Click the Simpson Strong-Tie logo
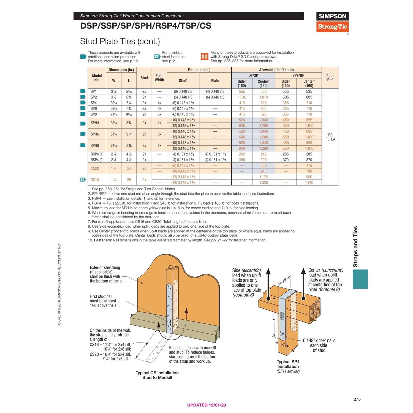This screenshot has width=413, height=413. pyautogui.click(x=332, y=22)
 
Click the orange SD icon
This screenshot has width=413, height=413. pyautogui.click(x=204, y=57)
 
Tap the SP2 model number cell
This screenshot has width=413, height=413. pyautogui.click(x=94, y=97)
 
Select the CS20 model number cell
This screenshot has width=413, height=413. pyautogui.click(x=95, y=168)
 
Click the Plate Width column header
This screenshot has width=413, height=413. pyautogui.click(x=159, y=78)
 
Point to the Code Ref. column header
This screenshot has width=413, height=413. pyautogui.click(x=330, y=78)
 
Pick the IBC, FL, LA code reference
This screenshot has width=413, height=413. pyautogui.click(x=330, y=137)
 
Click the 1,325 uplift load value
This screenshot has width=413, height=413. pyautogui.click(x=263, y=183)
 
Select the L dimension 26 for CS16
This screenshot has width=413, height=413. pyautogui.click(x=129, y=180)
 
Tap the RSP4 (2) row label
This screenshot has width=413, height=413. pyautogui.click(x=97, y=160)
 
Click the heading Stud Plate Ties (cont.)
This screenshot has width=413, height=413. pyautogui.click(x=120, y=41)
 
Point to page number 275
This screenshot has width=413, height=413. pyautogui.click(x=357, y=399)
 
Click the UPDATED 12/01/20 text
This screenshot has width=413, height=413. pyautogui.click(x=206, y=405)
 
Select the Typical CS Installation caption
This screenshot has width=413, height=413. pyautogui.click(x=157, y=375)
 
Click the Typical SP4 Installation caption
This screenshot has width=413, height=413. pyautogui.click(x=288, y=364)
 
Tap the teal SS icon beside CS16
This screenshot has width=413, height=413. pyautogui.click(x=83, y=180)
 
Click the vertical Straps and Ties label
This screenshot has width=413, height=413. pyautogui.click(x=355, y=246)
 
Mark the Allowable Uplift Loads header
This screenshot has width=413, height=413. pyautogui.click(x=276, y=70)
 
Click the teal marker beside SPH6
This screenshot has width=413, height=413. pyautogui.click(x=83, y=134)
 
